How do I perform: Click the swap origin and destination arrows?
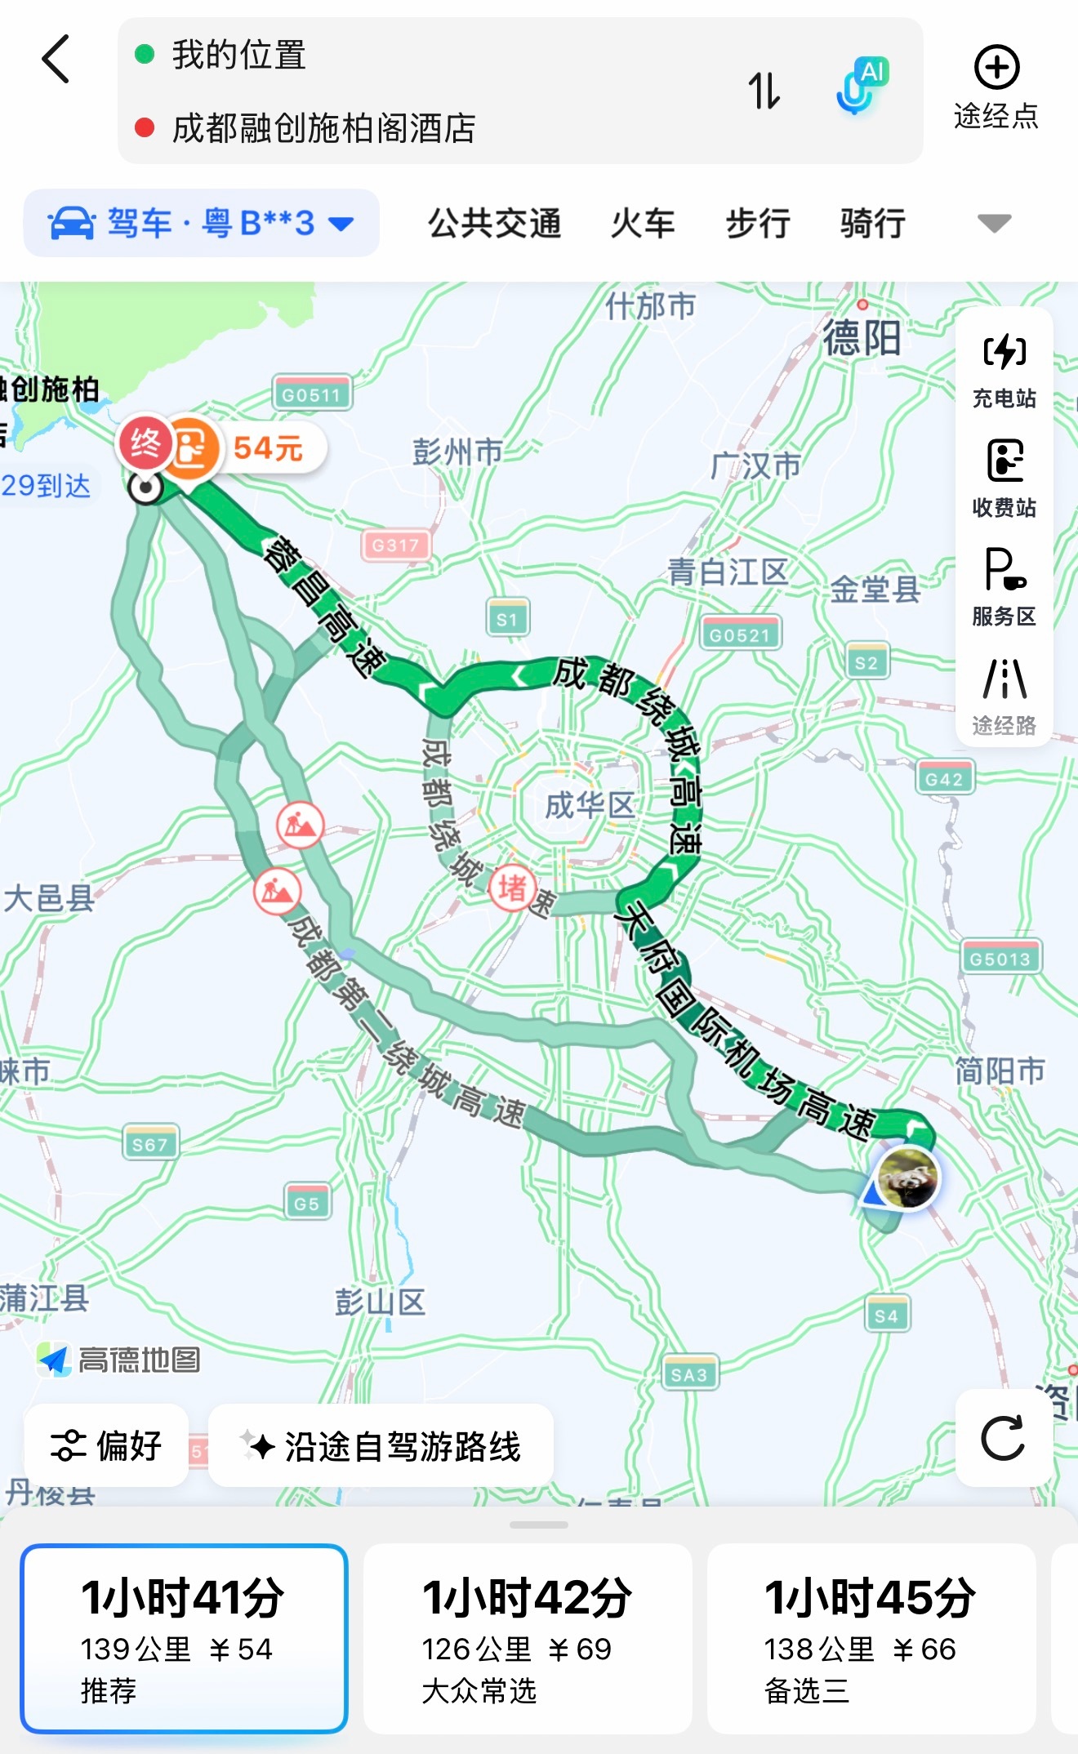coord(764,91)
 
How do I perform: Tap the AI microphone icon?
coord(860,87)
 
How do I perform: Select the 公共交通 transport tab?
coord(495,223)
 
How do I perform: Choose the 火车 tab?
coord(643,223)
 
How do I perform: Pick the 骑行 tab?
coord(873,223)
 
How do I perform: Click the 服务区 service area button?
coord(1004,586)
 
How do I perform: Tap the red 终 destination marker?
coord(145,443)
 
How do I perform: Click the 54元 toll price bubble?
coord(268,448)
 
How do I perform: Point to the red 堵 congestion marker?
coord(512,887)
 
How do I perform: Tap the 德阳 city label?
coord(862,337)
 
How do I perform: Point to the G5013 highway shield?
coord(1000,959)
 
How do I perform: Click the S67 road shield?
coord(149,1144)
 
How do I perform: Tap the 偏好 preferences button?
coord(106,1445)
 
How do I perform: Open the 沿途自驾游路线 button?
coord(381,1446)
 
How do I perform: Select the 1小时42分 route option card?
coord(527,1637)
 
